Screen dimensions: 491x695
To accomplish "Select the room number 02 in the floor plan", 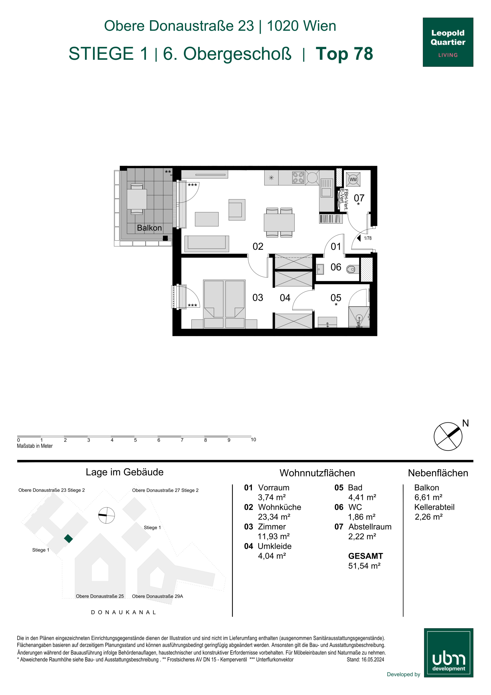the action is (258, 246).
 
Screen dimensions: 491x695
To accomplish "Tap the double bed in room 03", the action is (224, 304).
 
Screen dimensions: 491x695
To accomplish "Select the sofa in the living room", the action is (207, 244).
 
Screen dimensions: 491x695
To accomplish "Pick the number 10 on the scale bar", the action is (253, 439).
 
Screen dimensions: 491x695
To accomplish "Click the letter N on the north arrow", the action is (465, 423).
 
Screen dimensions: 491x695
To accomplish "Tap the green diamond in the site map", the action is (68, 539).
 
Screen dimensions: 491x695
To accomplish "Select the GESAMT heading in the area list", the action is (365, 556).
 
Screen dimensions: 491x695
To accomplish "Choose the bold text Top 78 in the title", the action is (344, 54).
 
